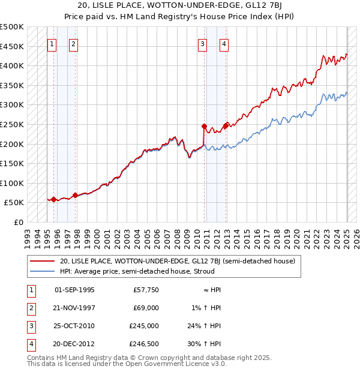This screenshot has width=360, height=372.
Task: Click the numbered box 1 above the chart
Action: (x=52, y=43)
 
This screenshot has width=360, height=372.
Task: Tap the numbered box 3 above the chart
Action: (x=203, y=43)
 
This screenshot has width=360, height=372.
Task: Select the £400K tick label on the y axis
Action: (x=12, y=65)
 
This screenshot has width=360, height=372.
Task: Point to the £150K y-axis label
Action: (x=12, y=163)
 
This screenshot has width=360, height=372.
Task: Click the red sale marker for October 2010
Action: (x=204, y=127)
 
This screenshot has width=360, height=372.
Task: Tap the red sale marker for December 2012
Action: (x=226, y=126)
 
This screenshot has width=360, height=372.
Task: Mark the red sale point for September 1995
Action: (x=53, y=200)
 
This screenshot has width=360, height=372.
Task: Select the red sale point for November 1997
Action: (x=75, y=195)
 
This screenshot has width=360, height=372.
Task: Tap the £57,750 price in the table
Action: (x=146, y=290)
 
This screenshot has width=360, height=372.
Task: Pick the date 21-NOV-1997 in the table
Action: (x=74, y=308)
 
